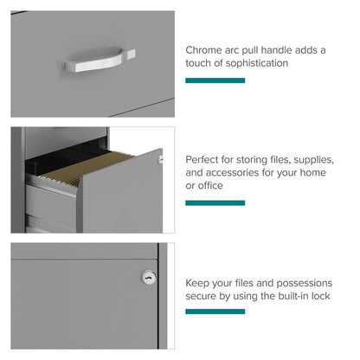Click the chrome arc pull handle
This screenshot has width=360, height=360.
click(100, 60)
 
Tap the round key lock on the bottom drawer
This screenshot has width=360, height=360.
click(149, 278)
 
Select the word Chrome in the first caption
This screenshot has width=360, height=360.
click(203, 50)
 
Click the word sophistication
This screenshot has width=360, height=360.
click(257, 63)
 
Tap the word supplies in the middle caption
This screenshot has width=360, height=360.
click(313, 160)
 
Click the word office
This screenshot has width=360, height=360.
click(210, 185)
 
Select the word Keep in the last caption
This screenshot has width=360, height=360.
click(197, 283)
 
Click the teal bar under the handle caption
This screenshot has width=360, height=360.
click(215, 80)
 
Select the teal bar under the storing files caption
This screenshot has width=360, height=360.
click(215, 203)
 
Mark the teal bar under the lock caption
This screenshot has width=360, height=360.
click(215, 312)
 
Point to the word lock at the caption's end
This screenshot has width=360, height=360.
click(320, 296)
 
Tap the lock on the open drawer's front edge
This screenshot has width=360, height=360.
click(161, 159)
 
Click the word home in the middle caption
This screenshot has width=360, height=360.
click(312, 173)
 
